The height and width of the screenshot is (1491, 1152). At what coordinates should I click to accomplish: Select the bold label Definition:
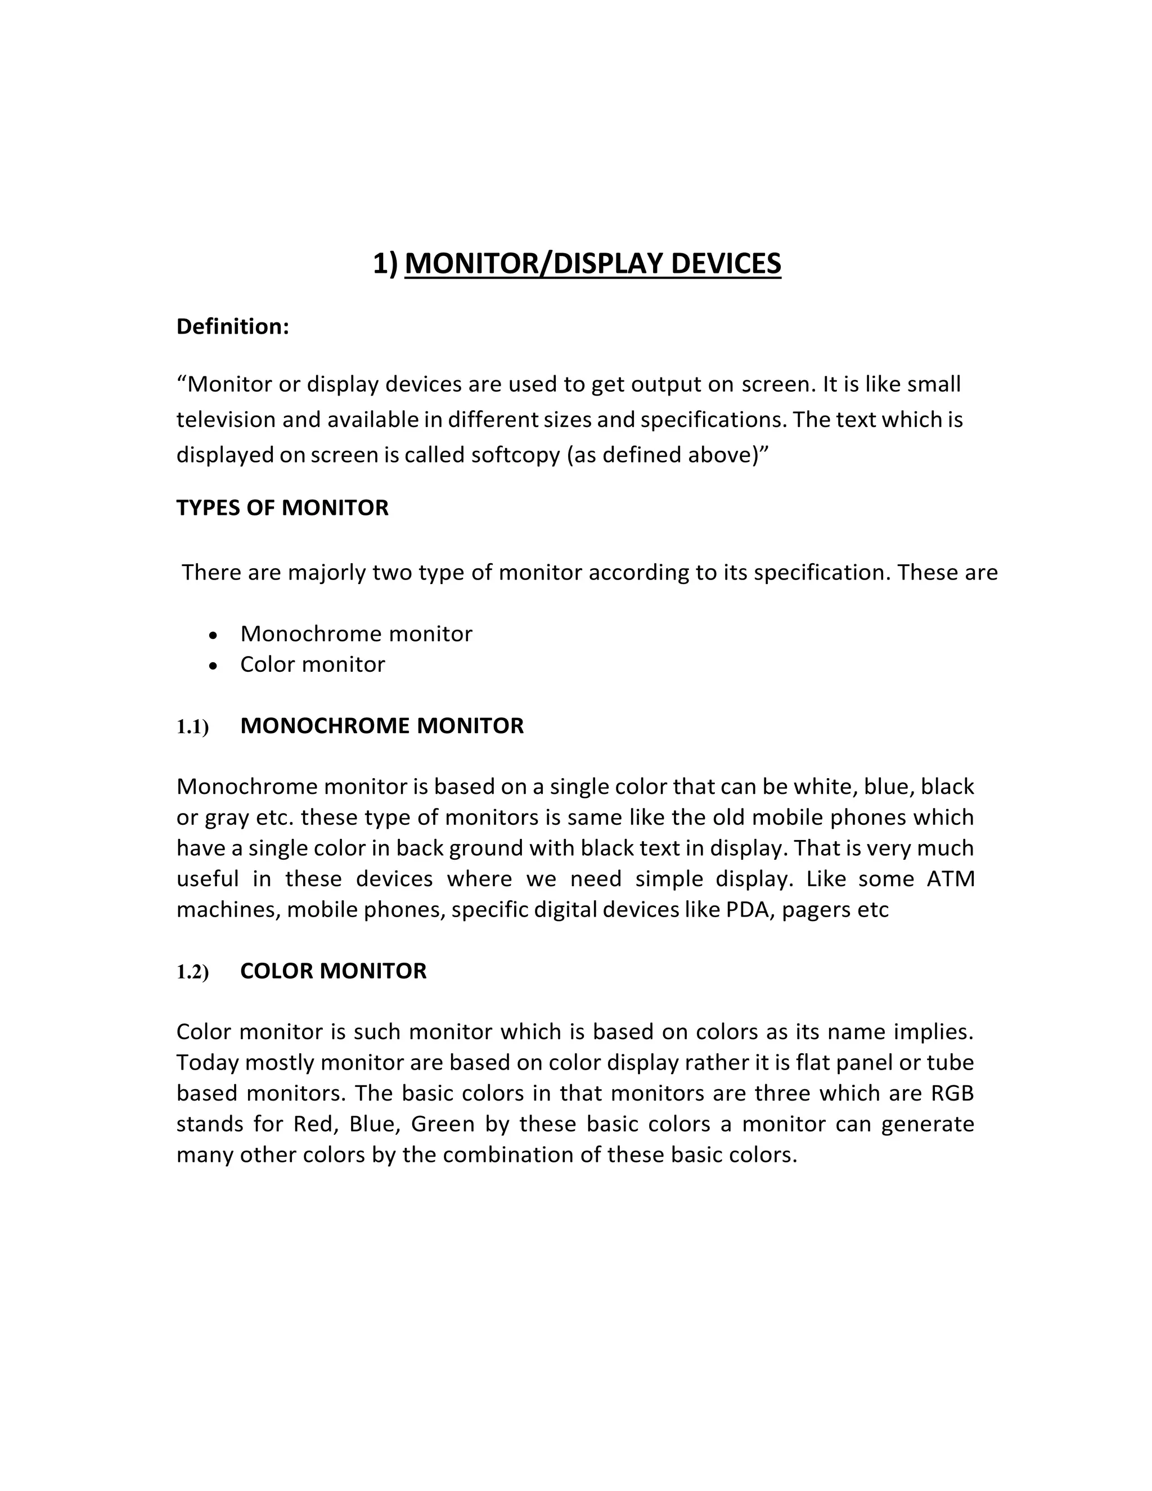pos(233,327)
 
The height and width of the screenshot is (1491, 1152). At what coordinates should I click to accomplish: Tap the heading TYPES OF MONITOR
pos(282,508)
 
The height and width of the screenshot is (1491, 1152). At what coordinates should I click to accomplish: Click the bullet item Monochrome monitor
pos(355,634)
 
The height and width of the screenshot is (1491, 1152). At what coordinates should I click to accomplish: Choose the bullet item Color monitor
pos(313,664)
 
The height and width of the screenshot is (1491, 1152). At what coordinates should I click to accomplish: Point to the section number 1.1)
pos(192,727)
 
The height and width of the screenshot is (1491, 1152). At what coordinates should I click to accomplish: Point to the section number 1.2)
pos(192,972)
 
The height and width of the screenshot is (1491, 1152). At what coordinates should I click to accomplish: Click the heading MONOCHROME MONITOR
pos(381,726)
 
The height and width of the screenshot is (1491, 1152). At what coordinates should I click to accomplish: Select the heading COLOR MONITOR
pos(333,971)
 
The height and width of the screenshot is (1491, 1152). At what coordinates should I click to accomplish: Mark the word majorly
pos(327,572)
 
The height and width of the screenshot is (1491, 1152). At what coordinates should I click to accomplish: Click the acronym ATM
pos(950,879)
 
